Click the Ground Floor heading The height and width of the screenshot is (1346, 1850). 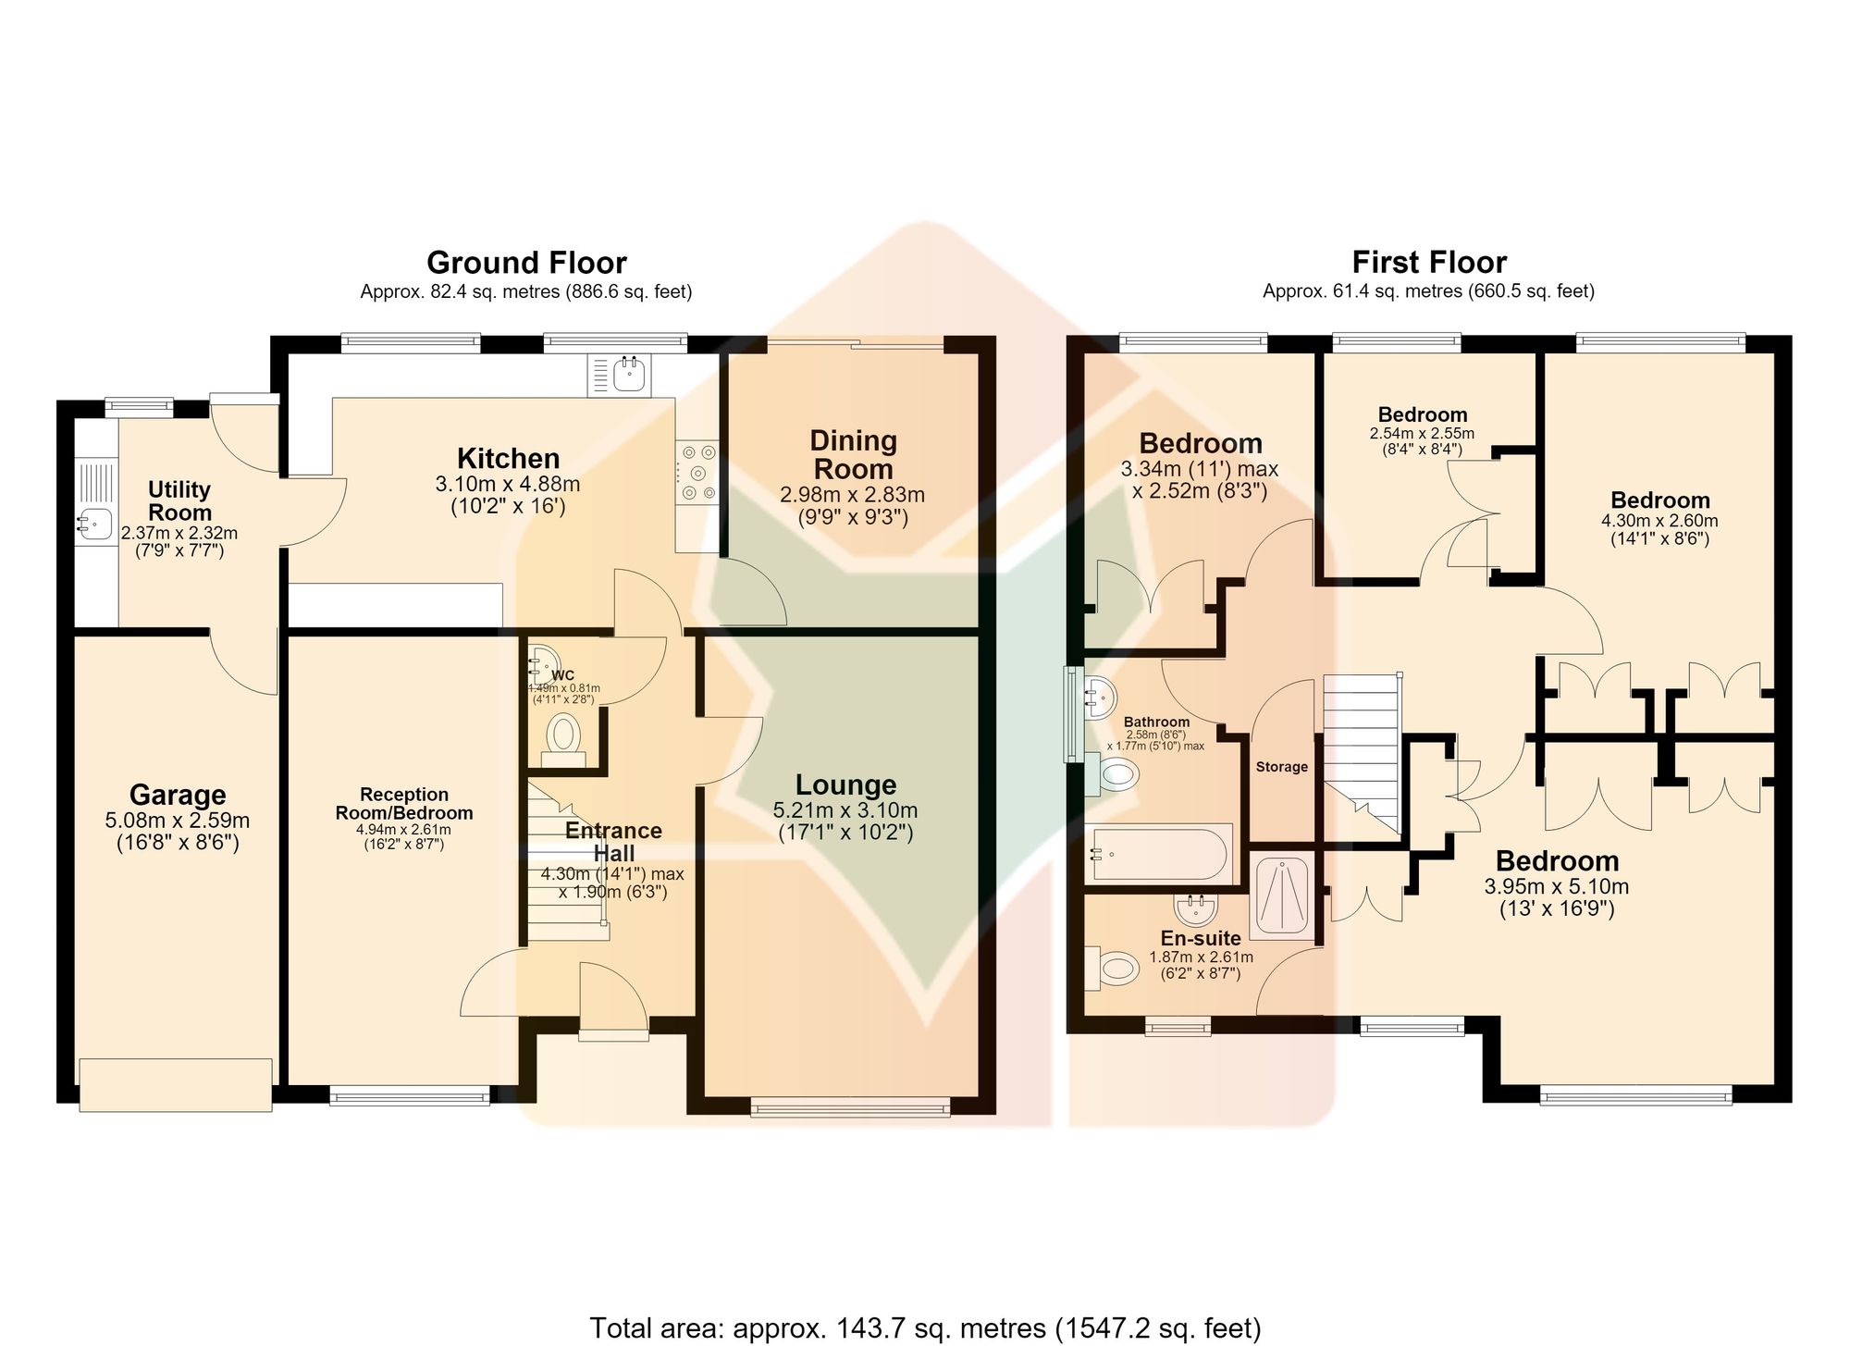point(526,263)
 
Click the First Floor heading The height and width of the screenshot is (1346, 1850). point(1429,263)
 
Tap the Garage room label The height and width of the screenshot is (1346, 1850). point(178,795)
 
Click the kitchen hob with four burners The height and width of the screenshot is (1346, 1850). point(697,473)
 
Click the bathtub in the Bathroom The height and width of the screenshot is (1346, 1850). point(1161,853)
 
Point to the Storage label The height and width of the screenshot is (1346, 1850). point(1281,767)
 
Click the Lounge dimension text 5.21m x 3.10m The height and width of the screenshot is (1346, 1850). point(845,810)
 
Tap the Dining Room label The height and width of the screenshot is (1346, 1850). point(853,454)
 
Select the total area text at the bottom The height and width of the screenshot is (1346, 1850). point(925,1327)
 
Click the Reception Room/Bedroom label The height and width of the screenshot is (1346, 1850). point(403,804)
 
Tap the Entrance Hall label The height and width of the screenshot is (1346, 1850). point(613,842)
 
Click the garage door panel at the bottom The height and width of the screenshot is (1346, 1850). point(176,1084)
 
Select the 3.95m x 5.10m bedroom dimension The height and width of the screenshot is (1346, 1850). point(1557,886)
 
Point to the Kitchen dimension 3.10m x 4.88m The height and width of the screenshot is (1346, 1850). point(508,484)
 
